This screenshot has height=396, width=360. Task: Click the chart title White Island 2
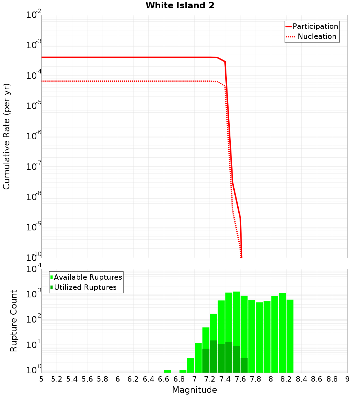coord(180,6)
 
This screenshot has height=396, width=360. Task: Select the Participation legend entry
coord(315,26)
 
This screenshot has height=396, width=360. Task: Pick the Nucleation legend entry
coord(316,36)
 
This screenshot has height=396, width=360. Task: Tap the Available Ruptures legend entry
coord(87,277)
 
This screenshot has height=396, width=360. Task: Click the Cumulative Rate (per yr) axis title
coord(6,136)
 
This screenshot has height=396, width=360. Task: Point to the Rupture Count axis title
coord(14,321)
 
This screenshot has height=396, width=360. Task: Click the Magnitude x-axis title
coord(194,390)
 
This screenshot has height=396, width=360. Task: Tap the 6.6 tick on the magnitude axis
coord(164,379)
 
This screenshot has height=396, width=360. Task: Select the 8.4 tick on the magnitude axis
coord(302,379)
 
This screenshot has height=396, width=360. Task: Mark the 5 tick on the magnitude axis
coord(41,379)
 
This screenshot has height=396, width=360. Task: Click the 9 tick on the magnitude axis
coord(347,379)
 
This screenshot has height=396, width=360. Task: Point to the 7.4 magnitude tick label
coord(225,379)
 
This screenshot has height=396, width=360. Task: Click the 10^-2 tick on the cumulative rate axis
coord(34,15)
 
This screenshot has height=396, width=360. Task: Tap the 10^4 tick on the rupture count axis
coord(34,269)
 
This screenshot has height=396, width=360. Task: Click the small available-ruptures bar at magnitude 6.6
coord(167,371)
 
